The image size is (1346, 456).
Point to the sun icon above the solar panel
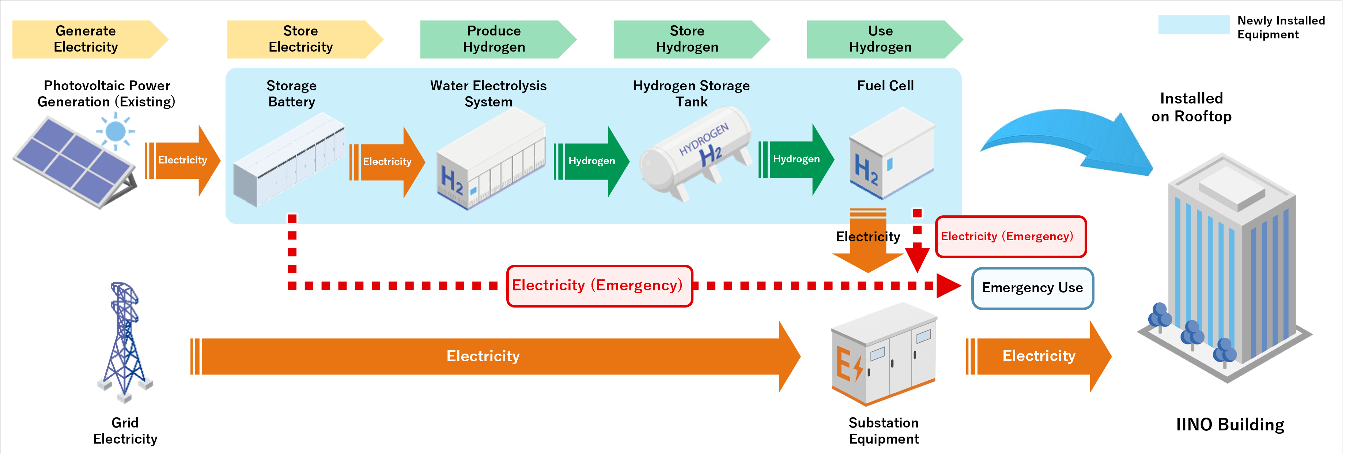pyautogui.click(x=116, y=131)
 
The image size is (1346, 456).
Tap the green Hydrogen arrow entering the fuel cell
pyautogui.click(x=796, y=159)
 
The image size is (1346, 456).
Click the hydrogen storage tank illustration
pyautogui.click(x=695, y=153)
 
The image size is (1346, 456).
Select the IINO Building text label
pyautogui.click(x=1230, y=425)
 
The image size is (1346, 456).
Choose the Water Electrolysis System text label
pyautogui.click(x=488, y=94)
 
